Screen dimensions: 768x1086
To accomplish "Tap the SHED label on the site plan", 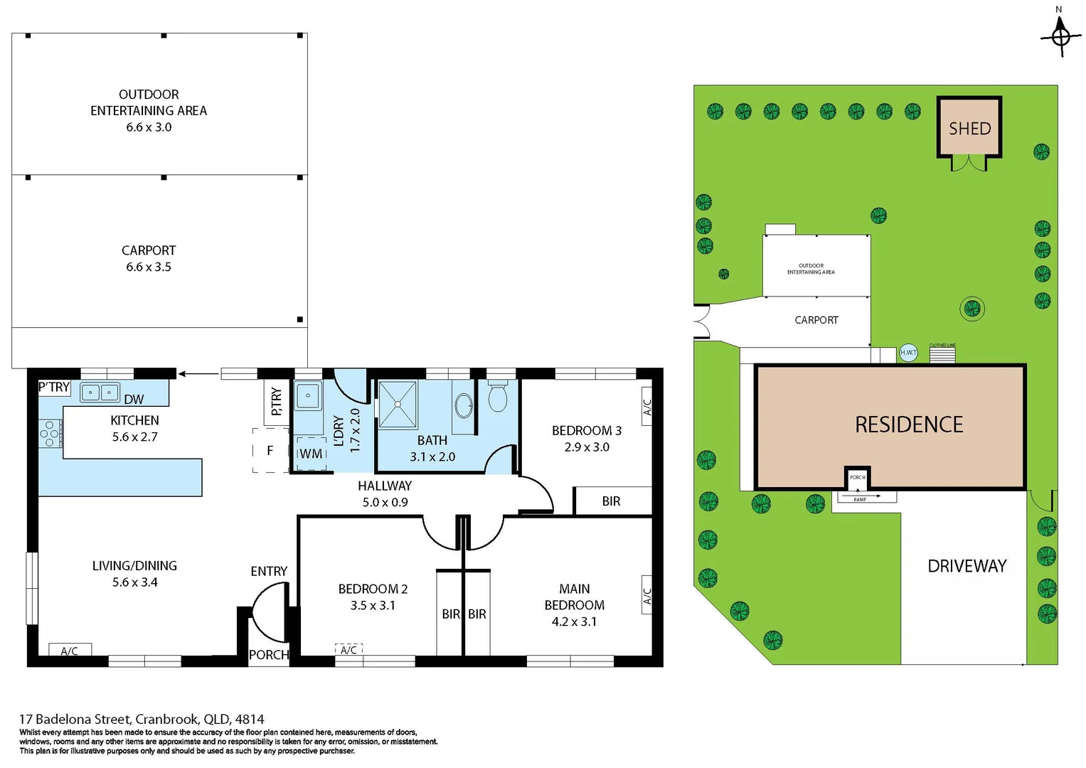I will click(x=969, y=129).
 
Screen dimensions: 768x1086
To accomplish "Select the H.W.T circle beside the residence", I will click(x=908, y=353).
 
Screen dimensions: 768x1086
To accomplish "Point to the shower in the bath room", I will click(x=398, y=405).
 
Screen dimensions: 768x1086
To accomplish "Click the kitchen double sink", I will click(x=100, y=393).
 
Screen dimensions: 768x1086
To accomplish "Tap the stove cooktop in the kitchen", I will click(x=50, y=433).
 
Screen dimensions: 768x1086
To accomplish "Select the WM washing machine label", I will click(x=311, y=454).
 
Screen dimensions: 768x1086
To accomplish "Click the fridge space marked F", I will click(x=270, y=451).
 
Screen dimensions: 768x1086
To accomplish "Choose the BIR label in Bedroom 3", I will click(x=611, y=501).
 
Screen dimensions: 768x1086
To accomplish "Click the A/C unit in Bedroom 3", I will click(x=646, y=407).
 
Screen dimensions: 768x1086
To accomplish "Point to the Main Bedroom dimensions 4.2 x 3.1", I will click(x=574, y=622).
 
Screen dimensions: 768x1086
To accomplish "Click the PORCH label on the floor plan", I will click(x=269, y=655).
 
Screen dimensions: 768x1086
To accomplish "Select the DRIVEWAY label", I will click(x=967, y=566).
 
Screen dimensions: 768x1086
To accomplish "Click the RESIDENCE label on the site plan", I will click(x=908, y=425).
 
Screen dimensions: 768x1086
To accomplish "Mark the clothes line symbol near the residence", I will click(x=942, y=353).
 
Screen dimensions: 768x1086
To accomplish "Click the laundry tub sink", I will click(x=308, y=395).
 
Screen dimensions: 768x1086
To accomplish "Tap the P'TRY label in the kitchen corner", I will click(x=54, y=388).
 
